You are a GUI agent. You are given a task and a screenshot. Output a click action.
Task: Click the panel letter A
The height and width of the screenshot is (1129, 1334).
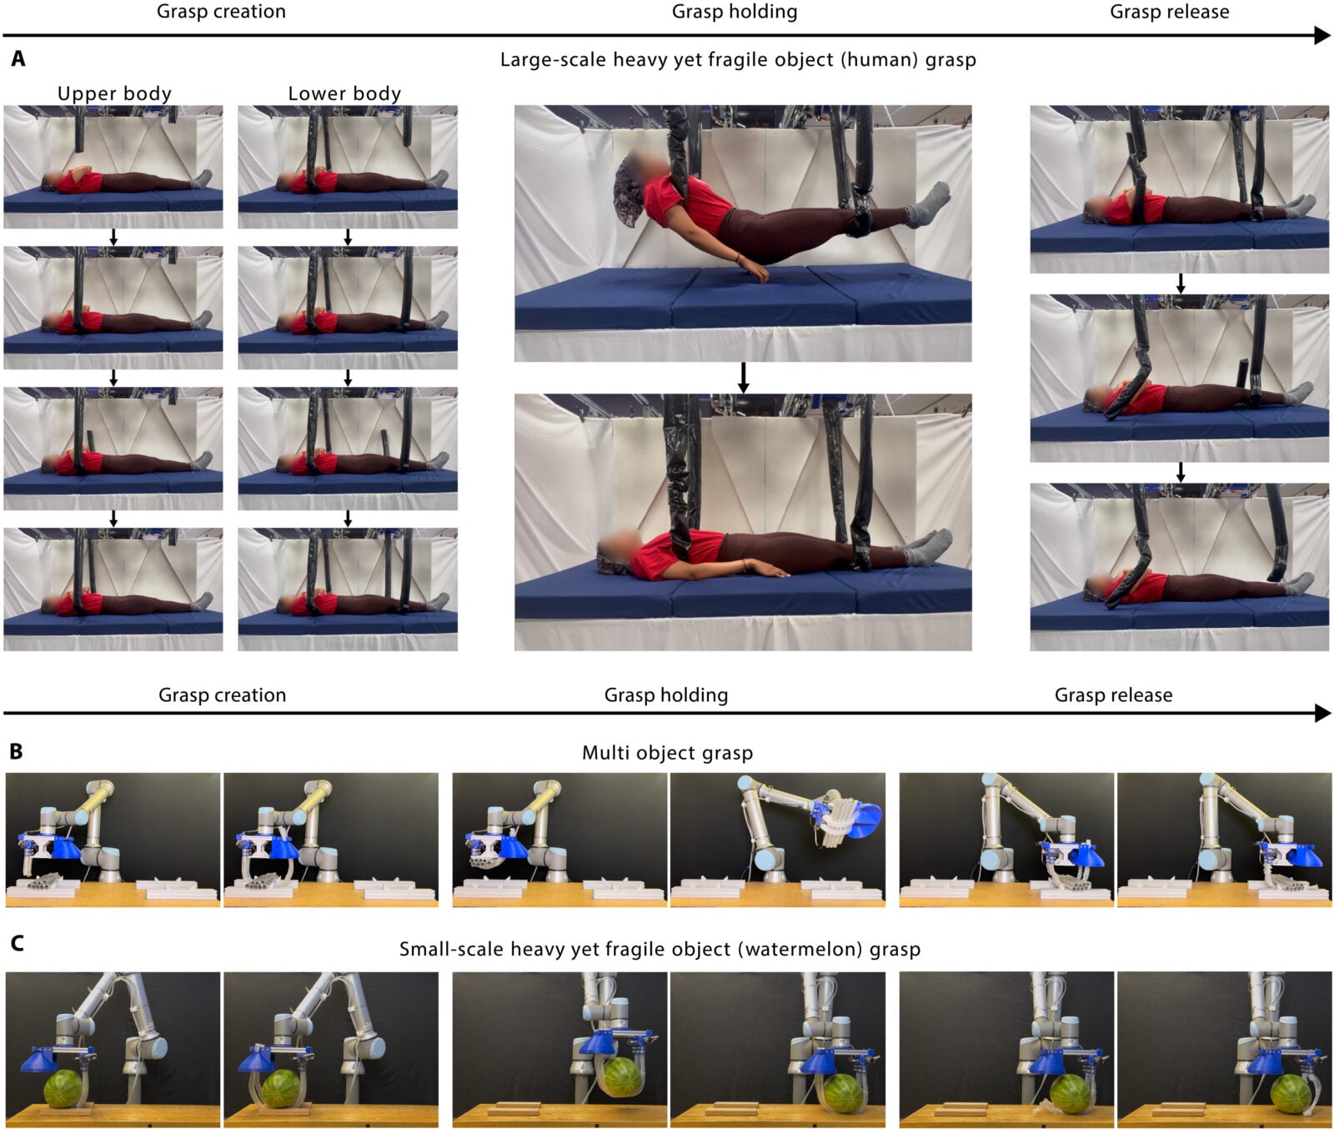pos(18,59)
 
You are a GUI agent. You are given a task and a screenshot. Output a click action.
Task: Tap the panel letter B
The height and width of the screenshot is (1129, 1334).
pos(17,751)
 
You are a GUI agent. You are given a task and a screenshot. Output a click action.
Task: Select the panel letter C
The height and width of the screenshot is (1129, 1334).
pos(17,943)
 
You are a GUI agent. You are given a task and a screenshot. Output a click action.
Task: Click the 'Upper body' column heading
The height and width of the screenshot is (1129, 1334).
pos(114,93)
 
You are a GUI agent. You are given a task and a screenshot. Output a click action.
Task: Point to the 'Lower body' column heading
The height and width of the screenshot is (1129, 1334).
pos(344,93)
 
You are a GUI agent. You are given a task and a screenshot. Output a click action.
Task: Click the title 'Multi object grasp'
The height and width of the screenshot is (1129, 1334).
pos(667,753)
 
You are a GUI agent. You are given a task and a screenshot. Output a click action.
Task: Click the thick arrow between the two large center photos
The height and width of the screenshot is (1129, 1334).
pos(743,377)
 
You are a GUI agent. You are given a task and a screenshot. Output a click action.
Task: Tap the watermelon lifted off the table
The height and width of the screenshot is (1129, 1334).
pos(622,1076)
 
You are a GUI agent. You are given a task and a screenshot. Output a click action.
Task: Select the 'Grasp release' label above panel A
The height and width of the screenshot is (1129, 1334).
pos(1169,12)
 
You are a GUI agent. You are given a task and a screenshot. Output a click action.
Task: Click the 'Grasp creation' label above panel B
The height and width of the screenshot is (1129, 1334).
pos(222,695)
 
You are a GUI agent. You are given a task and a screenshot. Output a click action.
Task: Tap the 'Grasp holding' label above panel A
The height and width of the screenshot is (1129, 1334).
pos(735,12)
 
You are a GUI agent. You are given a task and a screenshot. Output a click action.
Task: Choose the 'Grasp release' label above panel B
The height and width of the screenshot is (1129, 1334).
pos(1113,695)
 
